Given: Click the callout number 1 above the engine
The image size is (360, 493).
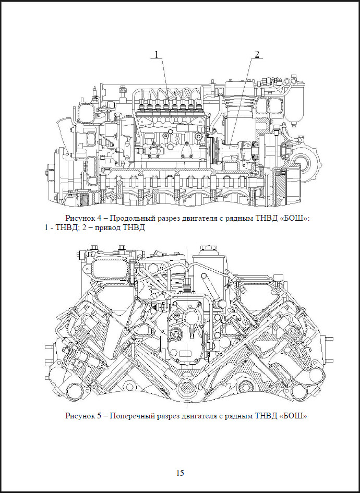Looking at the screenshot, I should point(155,54).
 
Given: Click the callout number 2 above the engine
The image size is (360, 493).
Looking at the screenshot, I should point(257,54).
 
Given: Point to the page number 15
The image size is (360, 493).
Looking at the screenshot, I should point(179,473).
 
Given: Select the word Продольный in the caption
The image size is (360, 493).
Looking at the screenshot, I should point(128,218).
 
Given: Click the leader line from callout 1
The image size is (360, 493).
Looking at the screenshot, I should point(165,76).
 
